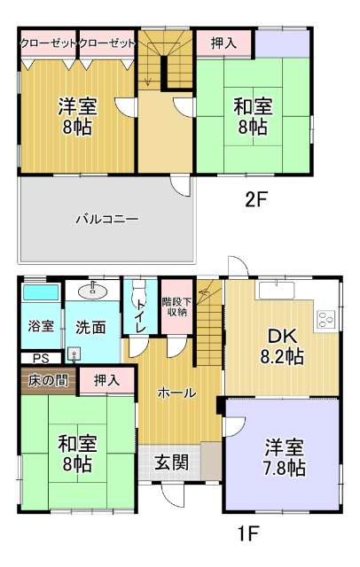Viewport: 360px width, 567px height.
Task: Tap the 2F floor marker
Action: click(x=255, y=200)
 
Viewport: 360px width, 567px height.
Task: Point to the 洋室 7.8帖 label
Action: click(x=285, y=457)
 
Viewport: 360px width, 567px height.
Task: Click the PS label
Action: click(x=39, y=358)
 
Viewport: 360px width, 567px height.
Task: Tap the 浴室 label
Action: click(x=39, y=326)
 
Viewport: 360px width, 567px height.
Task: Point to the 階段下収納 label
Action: click(x=175, y=306)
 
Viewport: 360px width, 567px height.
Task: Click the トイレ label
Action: click(x=140, y=313)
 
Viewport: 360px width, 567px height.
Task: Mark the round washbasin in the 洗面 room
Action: click(x=93, y=290)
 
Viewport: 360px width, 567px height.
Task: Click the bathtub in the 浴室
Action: click(x=40, y=291)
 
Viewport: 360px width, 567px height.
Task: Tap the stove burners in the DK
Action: click(x=325, y=316)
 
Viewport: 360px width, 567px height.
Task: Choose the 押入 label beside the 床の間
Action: click(x=106, y=380)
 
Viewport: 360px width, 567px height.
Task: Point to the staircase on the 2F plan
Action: click(x=162, y=58)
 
